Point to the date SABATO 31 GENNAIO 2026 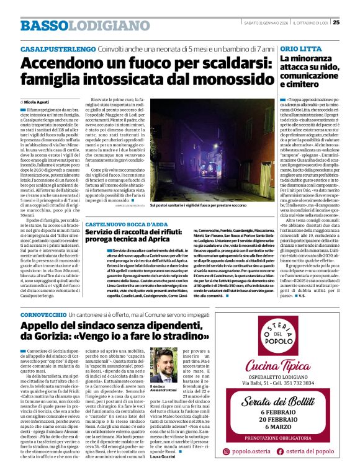pos(266,24)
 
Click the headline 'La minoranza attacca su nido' pos(313,71)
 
